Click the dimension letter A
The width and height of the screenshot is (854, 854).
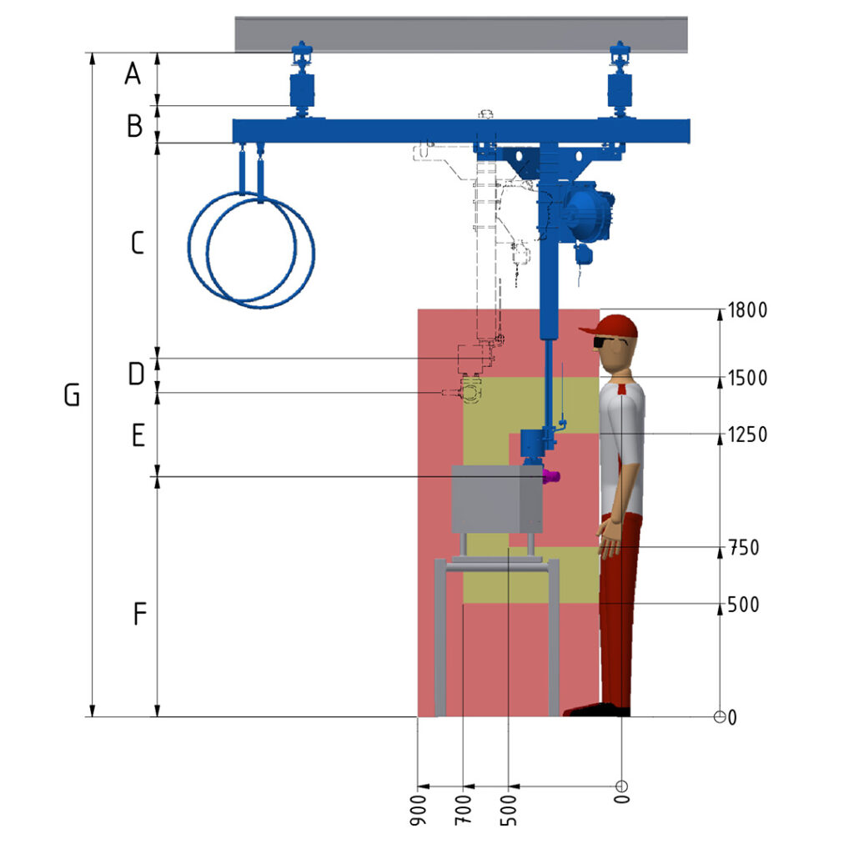coord(133,73)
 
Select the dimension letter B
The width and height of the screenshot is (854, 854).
coord(134,125)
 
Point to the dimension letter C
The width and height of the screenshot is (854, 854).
coord(138,243)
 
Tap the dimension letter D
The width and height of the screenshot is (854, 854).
coord(136,374)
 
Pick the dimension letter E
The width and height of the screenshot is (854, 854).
coord(138,435)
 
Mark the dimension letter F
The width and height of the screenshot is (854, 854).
coord(140,613)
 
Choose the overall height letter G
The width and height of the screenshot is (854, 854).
coord(72,394)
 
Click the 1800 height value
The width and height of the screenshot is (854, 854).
coord(747,310)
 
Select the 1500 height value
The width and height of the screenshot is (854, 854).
coord(747,378)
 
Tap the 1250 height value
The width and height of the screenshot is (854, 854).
coord(747,435)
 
